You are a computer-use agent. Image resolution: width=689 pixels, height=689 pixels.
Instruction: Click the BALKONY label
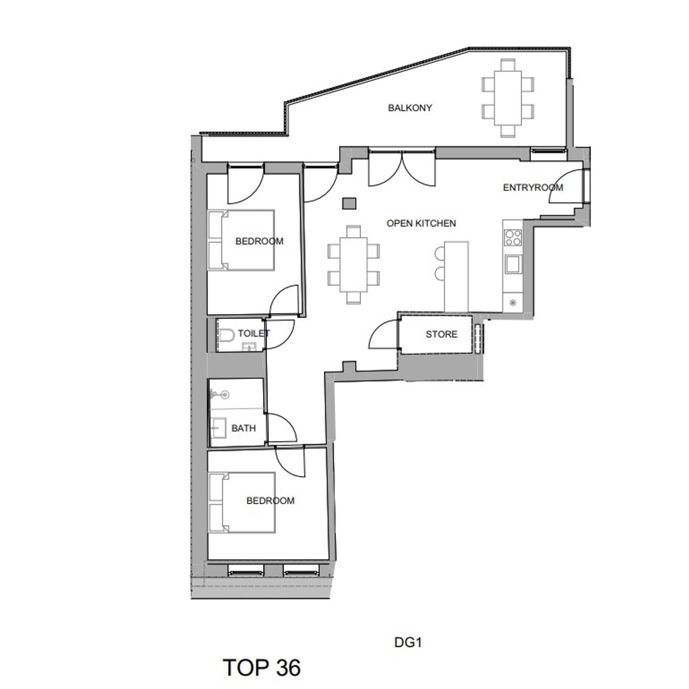(x=410, y=108)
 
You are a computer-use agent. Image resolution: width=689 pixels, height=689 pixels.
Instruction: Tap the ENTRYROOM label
(x=533, y=187)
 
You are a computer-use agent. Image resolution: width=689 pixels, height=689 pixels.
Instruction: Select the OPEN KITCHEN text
(x=421, y=223)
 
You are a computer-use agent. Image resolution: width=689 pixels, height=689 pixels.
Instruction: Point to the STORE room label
(x=441, y=334)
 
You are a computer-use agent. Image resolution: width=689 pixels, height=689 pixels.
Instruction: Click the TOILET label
(x=254, y=333)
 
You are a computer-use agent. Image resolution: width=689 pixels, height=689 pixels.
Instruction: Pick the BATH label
(x=244, y=428)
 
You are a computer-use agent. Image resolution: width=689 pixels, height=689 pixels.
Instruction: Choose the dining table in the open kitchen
(x=353, y=264)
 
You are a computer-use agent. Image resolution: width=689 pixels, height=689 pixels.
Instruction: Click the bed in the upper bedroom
(x=242, y=240)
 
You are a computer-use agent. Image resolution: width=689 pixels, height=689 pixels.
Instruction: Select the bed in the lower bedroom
(x=242, y=502)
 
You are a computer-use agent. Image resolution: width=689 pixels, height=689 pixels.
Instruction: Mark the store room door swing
(x=384, y=334)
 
